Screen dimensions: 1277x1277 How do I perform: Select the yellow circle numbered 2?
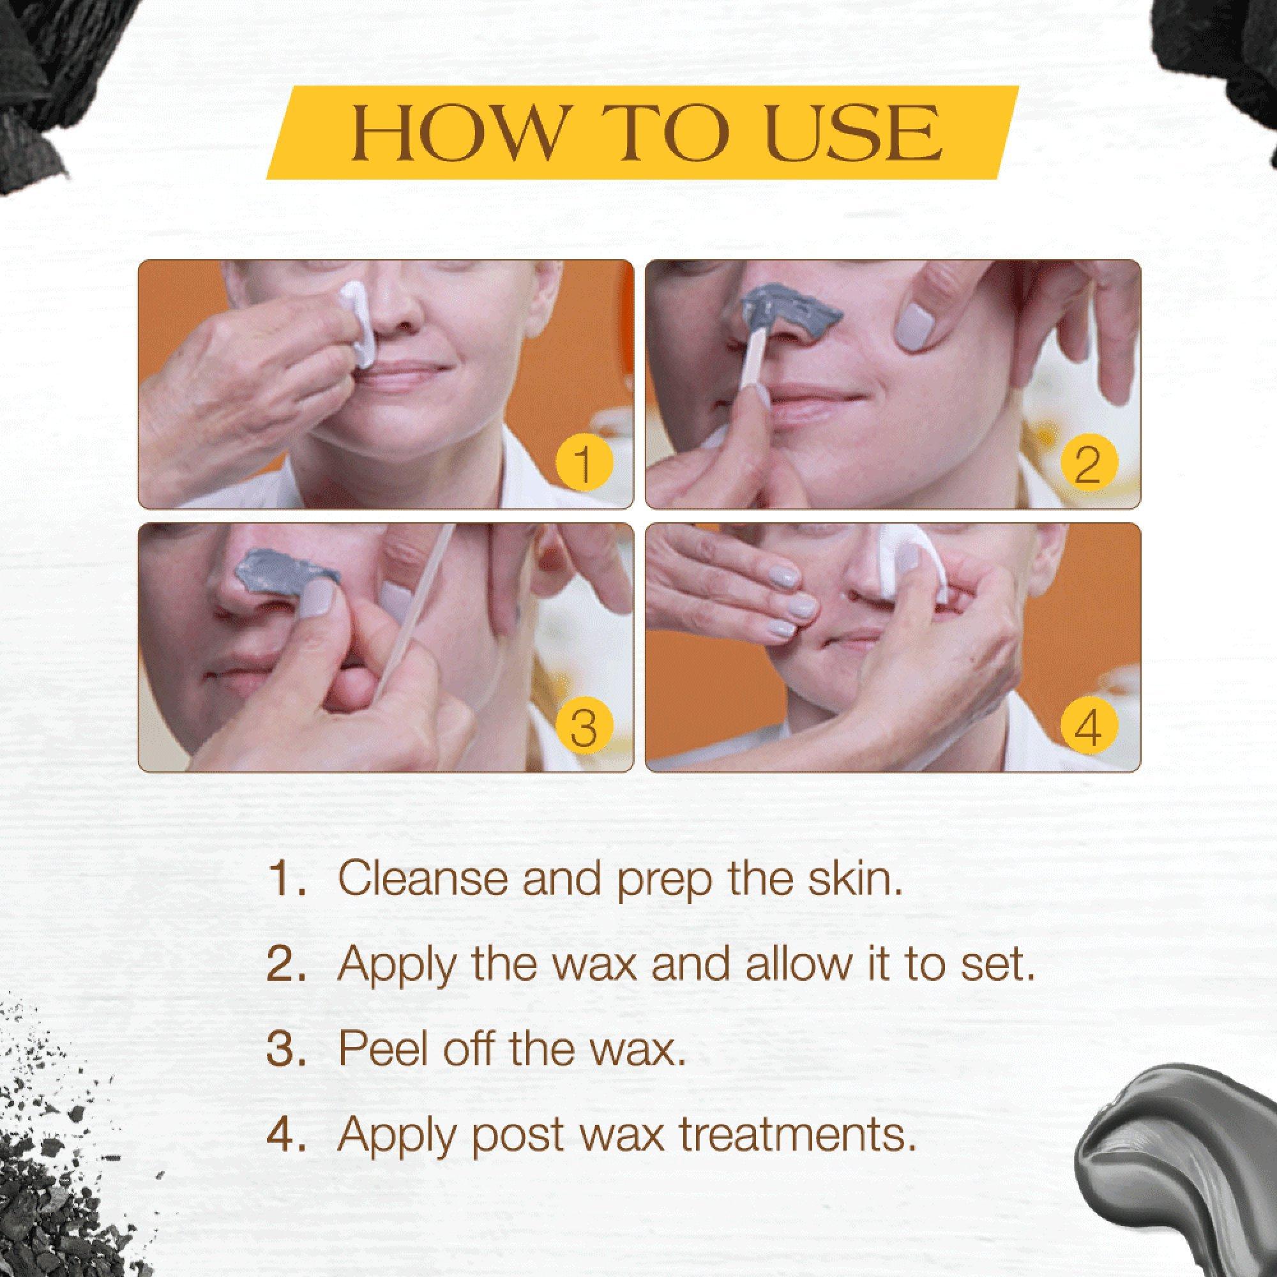coord(1089,463)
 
